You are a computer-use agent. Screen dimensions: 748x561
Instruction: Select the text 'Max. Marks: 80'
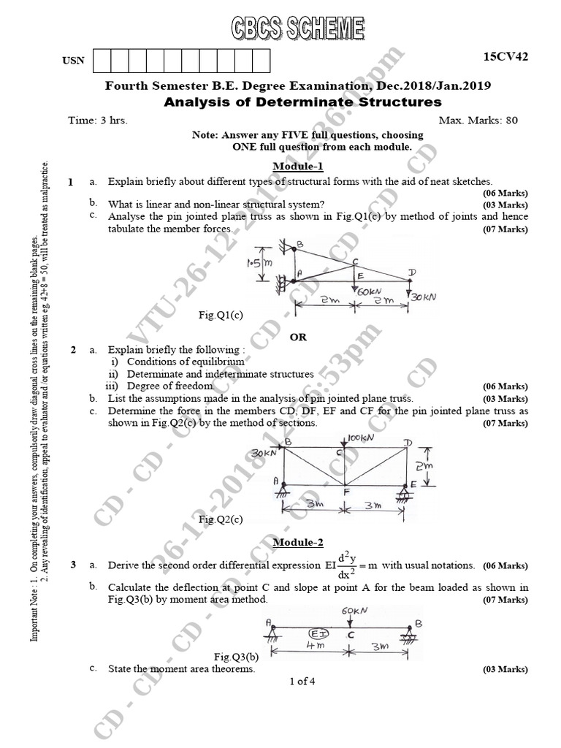pos(478,120)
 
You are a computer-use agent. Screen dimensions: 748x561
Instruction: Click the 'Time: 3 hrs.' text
pos(97,120)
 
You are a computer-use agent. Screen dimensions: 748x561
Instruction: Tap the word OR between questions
pos(298,337)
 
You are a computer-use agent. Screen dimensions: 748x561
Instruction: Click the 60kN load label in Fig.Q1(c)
pos(371,291)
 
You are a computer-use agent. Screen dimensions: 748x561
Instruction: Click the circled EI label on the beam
pos(319,633)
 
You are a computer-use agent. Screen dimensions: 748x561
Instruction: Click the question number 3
pos(73,565)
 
